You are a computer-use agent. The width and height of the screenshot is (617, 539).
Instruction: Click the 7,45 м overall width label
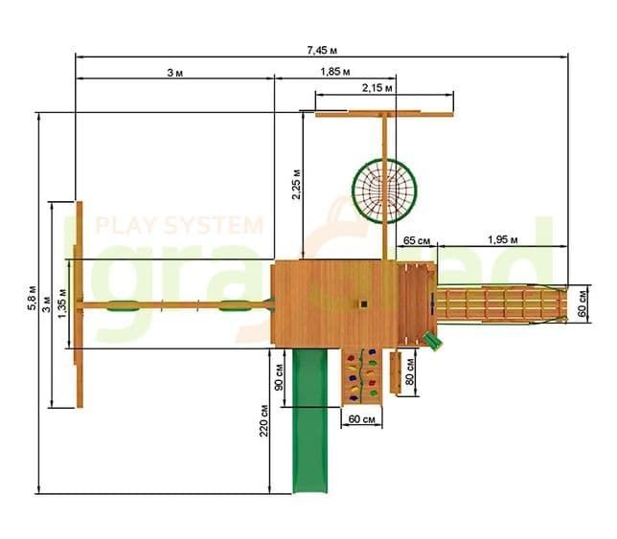pyautogui.click(x=322, y=51)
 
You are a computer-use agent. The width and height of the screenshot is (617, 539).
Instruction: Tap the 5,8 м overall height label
pyautogui.click(x=32, y=298)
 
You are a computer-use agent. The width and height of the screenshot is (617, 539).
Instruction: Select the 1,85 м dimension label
pyautogui.click(x=335, y=72)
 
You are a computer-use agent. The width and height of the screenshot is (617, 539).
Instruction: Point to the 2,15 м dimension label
pyautogui.click(x=377, y=88)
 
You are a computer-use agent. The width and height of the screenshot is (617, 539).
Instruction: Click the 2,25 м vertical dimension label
pyautogui.click(x=296, y=185)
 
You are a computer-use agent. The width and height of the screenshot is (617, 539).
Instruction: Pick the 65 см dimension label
pyautogui.click(x=417, y=240)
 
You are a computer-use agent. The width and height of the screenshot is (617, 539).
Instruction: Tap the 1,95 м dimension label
pyautogui.click(x=503, y=239)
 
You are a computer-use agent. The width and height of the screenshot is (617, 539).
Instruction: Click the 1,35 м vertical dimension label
pyautogui.click(x=62, y=303)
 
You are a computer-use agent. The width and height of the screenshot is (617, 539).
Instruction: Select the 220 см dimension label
pyautogui.click(x=264, y=420)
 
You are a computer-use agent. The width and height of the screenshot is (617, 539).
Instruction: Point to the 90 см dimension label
pyautogui.click(x=279, y=377)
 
